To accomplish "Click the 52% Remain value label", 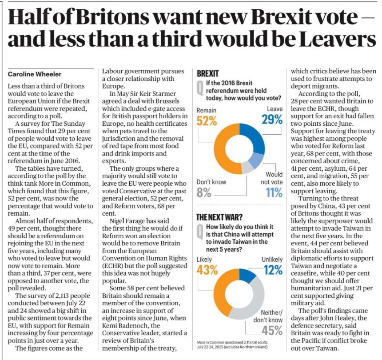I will tap(207, 120).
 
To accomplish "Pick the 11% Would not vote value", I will tap(274, 192).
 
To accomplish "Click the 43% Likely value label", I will tap(207, 270).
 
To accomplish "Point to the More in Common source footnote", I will tap(238, 344).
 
